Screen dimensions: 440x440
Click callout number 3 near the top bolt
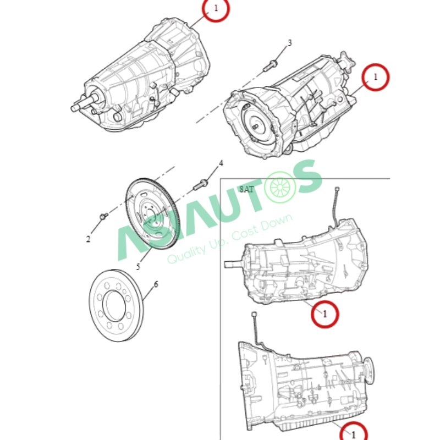point(290,43)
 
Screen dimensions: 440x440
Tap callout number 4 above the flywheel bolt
point(221,163)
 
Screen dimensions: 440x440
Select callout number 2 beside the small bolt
point(88,239)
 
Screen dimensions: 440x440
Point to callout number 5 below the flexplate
point(138,267)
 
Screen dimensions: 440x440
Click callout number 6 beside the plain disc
point(156,284)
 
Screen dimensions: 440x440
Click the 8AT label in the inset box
point(246,189)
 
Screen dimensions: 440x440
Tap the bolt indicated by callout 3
point(270,65)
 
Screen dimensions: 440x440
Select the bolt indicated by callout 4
point(201,185)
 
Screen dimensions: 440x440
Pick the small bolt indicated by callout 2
point(104,216)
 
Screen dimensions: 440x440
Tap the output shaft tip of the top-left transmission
point(74,108)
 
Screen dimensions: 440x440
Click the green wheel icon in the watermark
point(280,187)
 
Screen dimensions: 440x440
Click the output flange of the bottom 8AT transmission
point(369,371)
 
